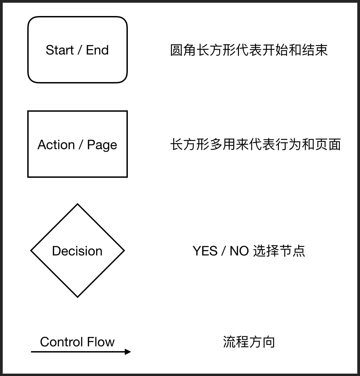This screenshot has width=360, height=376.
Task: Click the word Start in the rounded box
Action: click(x=60, y=50)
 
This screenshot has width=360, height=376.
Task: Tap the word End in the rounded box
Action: click(x=97, y=50)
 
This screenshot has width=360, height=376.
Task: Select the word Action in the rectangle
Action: click(x=56, y=145)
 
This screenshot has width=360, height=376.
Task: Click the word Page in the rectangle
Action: click(x=102, y=145)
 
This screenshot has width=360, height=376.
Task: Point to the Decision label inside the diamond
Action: click(x=77, y=251)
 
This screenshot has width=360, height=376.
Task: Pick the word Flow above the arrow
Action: click(x=101, y=342)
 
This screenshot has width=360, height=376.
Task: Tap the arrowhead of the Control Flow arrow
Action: click(x=128, y=352)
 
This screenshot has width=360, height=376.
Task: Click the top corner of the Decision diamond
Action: click(x=78, y=204)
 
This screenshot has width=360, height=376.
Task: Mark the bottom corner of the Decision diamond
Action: click(x=78, y=297)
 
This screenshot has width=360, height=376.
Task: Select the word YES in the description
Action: click(x=205, y=251)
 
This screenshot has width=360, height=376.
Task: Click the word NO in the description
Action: click(x=239, y=251)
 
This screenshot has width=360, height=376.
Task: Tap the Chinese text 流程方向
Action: click(x=249, y=342)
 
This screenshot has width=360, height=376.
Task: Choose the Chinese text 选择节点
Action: click(x=279, y=251)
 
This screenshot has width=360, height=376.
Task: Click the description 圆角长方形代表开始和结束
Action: click(x=249, y=50)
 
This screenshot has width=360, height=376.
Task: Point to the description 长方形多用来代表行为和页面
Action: click(x=255, y=145)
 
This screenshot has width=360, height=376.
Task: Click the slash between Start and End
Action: click(x=80, y=50)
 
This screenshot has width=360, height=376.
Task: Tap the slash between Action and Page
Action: click(x=81, y=145)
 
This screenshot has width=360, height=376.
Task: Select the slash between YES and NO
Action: click(x=223, y=251)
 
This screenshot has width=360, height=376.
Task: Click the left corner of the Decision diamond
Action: click(x=31, y=251)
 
